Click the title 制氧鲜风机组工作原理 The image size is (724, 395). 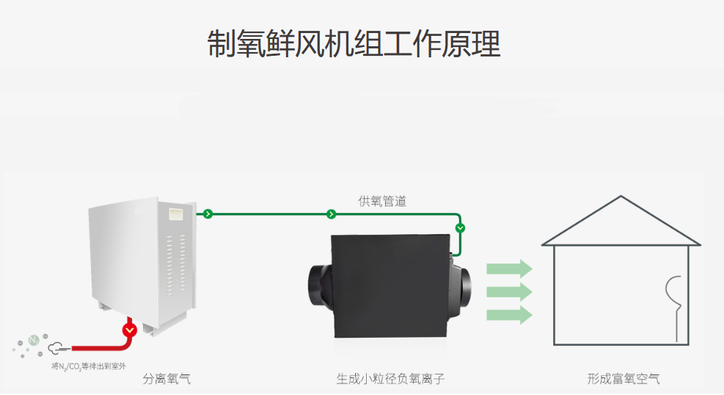(354, 44)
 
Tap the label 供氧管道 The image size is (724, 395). (382, 201)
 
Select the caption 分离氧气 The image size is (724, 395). (167, 379)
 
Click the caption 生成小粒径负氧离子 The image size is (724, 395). (391, 379)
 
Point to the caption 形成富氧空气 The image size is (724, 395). (624, 379)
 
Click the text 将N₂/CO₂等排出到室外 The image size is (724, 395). (89, 366)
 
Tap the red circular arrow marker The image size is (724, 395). (130, 330)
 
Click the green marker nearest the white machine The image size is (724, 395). (208, 214)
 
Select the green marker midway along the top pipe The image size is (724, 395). (331, 214)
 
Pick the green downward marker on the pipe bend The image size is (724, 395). (460, 228)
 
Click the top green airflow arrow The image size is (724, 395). (509, 269)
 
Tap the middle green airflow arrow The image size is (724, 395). (509, 292)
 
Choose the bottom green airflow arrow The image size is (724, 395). (509, 315)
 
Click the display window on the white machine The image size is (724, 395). (176, 214)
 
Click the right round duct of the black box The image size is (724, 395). (461, 286)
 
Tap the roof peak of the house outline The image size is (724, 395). (621, 197)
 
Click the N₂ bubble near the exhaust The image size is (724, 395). (34, 341)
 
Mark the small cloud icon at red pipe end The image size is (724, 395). (56, 347)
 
